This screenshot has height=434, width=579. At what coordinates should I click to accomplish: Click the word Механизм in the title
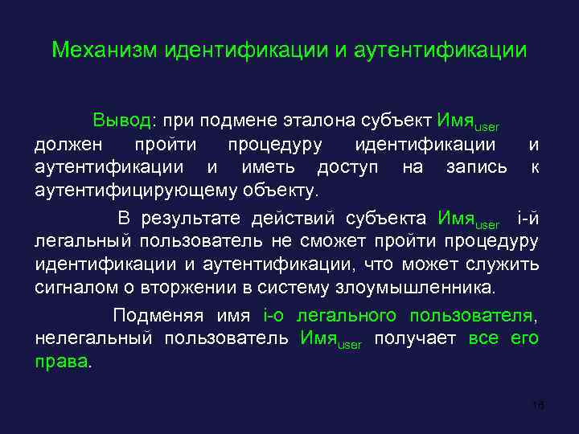pyautogui.click(x=105, y=51)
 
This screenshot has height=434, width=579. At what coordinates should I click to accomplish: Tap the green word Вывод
pyautogui.click(x=121, y=121)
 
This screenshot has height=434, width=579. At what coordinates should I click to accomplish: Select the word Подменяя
pyautogui.click(x=158, y=315)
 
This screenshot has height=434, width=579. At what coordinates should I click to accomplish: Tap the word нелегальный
pyautogui.click(x=93, y=338)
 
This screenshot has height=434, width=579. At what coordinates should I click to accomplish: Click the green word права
pyautogui.click(x=62, y=362)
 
